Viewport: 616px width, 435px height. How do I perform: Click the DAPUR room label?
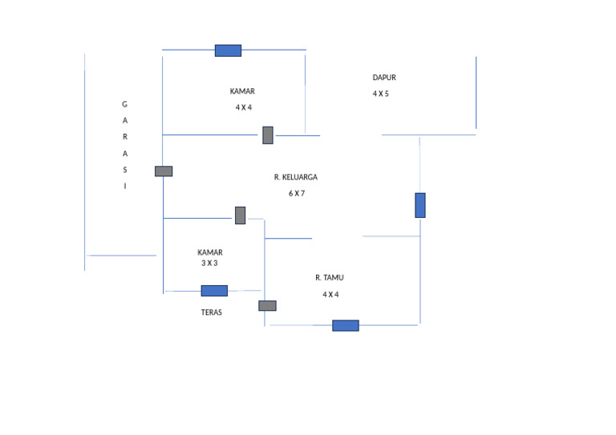click(384, 78)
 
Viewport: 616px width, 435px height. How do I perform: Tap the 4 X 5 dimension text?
click(380, 94)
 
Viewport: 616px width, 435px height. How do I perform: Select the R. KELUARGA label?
click(296, 177)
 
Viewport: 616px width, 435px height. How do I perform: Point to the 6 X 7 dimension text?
click(297, 193)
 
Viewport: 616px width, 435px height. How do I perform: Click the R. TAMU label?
click(330, 277)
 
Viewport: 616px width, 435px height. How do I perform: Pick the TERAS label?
click(212, 312)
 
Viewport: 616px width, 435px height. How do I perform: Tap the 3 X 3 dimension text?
click(209, 263)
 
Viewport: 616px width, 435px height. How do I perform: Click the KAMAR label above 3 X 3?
click(210, 252)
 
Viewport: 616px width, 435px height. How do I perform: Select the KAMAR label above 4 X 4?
click(242, 91)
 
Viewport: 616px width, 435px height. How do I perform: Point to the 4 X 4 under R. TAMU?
click(330, 294)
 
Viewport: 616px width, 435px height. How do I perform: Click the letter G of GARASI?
click(124, 104)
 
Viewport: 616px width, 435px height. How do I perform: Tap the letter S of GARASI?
click(124, 169)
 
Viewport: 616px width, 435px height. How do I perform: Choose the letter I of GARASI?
click(124, 186)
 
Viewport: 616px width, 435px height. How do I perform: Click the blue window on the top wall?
click(228, 50)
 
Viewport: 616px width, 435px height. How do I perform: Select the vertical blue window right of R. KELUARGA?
click(420, 205)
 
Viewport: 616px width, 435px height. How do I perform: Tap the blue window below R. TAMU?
click(346, 325)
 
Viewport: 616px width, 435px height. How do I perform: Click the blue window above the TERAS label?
click(214, 291)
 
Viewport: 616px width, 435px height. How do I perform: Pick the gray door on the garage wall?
click(164, 171)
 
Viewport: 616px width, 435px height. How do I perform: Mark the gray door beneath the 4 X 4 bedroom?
click(268, 135)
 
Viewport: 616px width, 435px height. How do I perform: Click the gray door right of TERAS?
click(267, 305)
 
